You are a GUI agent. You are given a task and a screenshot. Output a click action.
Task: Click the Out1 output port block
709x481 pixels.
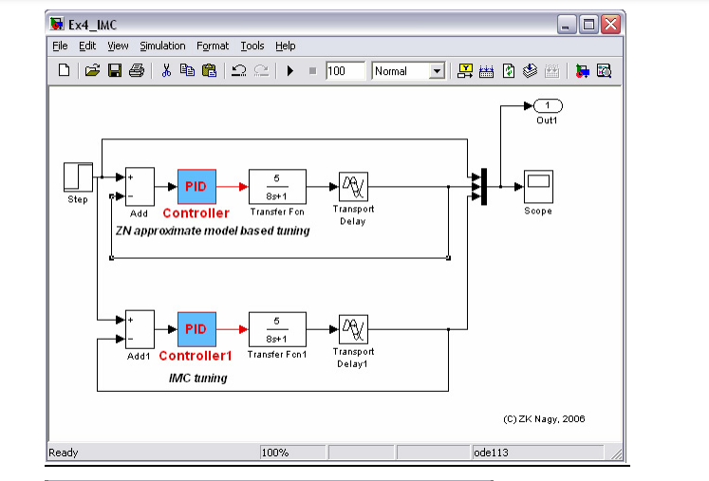pyautogui.click(x=548, y=105)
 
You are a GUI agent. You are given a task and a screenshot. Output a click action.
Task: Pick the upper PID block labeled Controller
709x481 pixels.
pyautogui.click(x=196, y=186)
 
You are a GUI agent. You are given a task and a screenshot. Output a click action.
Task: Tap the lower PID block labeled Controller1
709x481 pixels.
pyautogui.click(x=196, y=329)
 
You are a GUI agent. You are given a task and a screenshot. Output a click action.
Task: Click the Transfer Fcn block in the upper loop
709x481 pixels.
pyautogui.click(x=277, y=186)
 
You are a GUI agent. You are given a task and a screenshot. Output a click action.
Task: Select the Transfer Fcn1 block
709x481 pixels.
pyautogui.click(x=276, y=329)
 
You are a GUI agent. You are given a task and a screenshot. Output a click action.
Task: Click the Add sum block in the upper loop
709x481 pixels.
pyautogui.click(x=140, y=186)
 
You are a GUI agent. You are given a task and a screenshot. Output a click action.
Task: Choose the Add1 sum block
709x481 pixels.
pyautogui.click(x=140, y=329)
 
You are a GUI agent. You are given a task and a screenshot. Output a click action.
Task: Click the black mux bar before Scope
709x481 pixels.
pyautogui.click(x=483, y=186)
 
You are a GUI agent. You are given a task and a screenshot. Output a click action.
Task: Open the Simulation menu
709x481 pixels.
pyautogui.click(x=162, y=46)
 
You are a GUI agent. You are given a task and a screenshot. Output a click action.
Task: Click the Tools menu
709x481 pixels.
pyautogui.click(x=252, y=46)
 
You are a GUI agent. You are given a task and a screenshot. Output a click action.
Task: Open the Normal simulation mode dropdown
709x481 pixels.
pyautogui.click(x=408, y=71)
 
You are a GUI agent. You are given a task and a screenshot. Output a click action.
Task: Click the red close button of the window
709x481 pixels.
pyautogui.click(x=610, y=24)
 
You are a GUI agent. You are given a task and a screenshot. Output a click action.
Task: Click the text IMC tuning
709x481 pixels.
pyautogui.click(x=197, y=378)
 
